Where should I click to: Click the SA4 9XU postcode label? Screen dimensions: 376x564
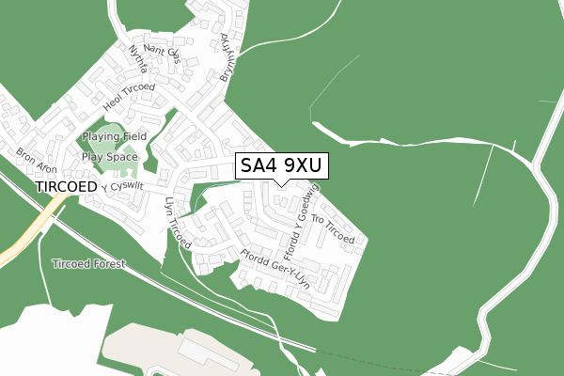(x=281, y=165)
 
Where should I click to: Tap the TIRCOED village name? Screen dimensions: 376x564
(x=66, y=188)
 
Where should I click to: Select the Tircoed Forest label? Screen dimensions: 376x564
(x=89, y=264)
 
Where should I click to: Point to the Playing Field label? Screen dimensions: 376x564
(x=114, y=137)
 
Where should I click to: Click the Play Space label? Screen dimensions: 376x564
(x=110, y=158)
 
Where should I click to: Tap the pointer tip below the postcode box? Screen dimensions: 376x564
(x=281, y=184)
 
